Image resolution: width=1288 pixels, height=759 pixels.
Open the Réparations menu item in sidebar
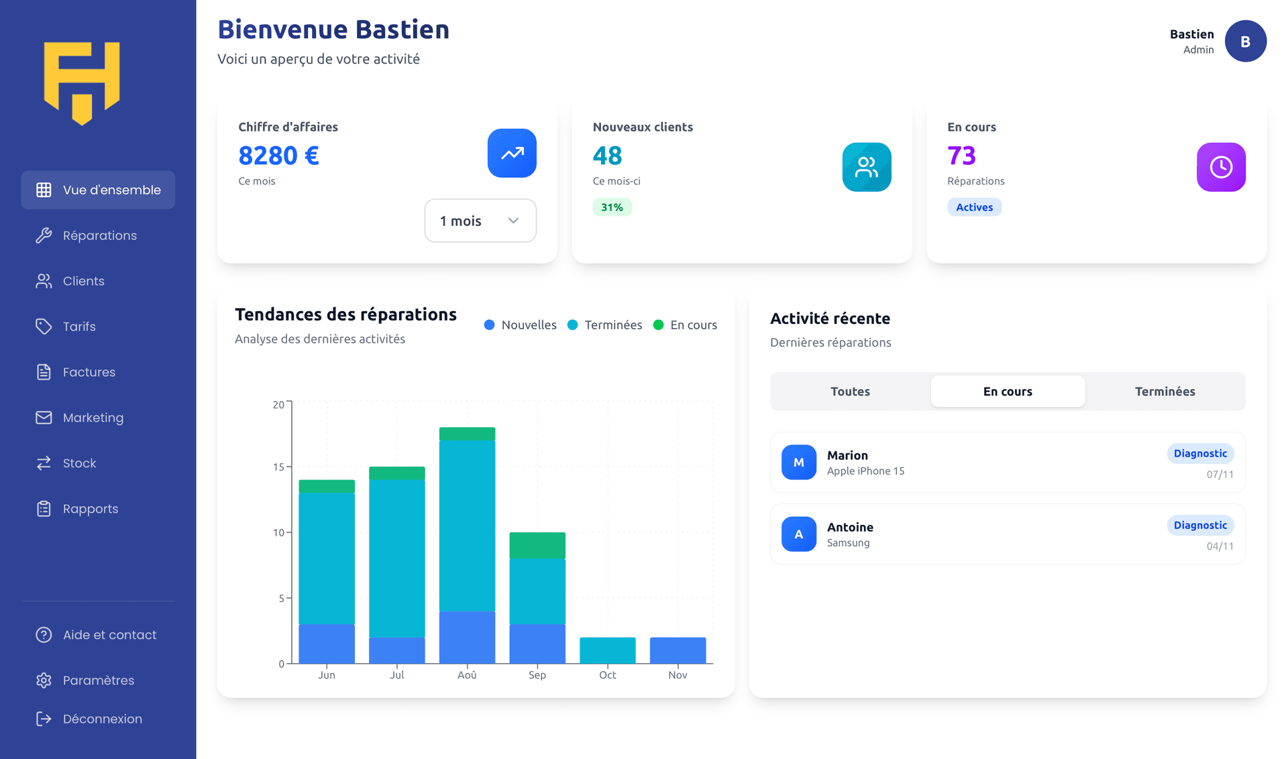(x=99, y=235)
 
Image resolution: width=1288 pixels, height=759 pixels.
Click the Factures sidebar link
(x=89, y=372)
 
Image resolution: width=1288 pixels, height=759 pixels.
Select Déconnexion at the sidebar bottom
(x=102, y=719)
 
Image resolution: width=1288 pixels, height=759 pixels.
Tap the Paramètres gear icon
(x=44, y=680)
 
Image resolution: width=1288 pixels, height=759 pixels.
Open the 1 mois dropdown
(x=480, y=221)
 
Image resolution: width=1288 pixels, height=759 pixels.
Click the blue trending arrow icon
(x=512, y=153)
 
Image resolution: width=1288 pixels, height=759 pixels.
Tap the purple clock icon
(x=1220, y=167)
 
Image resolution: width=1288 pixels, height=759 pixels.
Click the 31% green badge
(x=612, y=207)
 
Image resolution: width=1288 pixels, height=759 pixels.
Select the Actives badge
(x=974, y=207)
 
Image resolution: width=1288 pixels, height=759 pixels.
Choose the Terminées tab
(x=1165, y=392)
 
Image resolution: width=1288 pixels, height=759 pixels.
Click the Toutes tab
(x=850, y=392)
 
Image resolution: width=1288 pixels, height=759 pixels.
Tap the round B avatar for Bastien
(x=1245, y=42)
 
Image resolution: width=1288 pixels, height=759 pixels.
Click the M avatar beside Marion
(x=798, y=462)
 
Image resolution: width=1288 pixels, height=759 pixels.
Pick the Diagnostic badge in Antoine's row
(x=1200, y=525)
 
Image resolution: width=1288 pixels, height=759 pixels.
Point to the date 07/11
(x=1220, y=475)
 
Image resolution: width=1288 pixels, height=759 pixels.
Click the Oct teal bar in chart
(x=607, y=650)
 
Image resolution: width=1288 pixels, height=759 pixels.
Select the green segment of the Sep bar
(x=537, y=545)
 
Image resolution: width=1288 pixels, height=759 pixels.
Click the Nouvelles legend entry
(x=521, y=325)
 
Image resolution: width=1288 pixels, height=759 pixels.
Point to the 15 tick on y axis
(x=278, y=467)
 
